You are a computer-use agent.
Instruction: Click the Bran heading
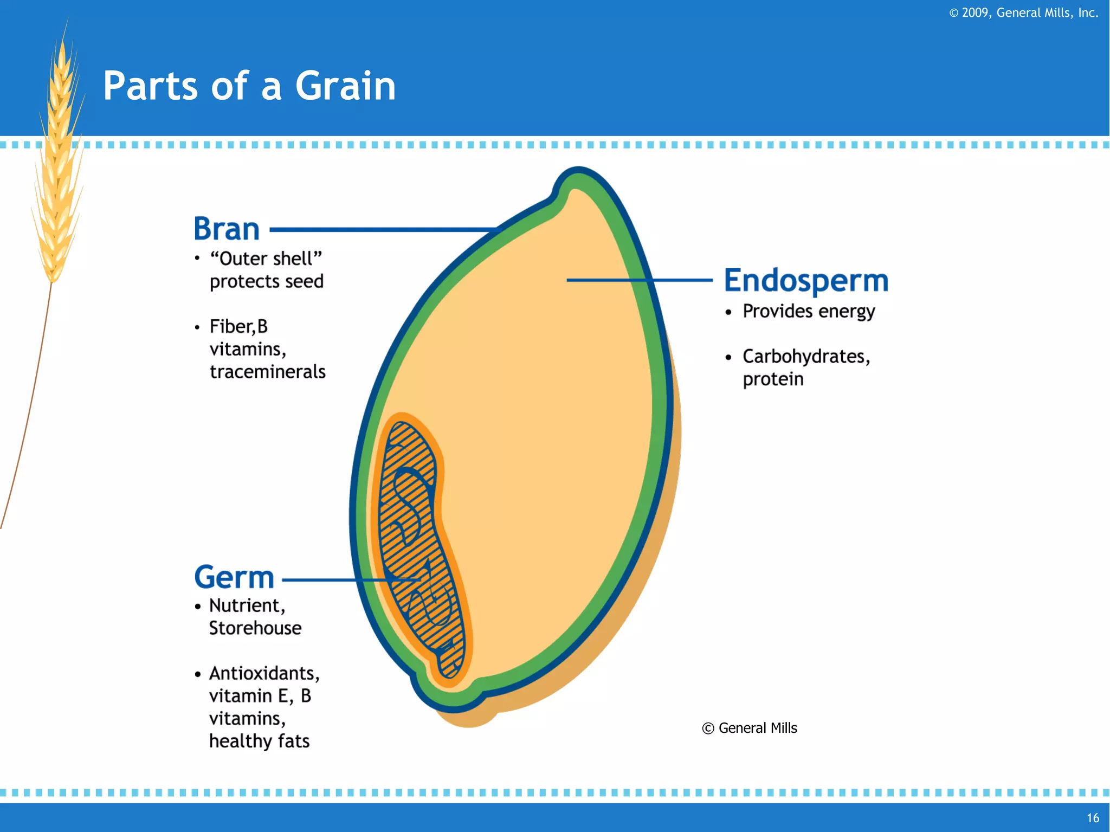pos(227,229)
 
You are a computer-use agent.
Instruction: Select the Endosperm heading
pos(806,281)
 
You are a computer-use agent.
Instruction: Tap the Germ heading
pos(234,577)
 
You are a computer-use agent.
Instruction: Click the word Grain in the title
pos(345,86)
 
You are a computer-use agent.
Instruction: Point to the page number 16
pos(1093,818)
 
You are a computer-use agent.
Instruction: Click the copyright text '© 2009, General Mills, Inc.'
pos(1023,12)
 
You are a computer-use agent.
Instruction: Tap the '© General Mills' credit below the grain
pos(750,728)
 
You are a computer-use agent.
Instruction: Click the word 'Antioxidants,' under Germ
pos(264,673)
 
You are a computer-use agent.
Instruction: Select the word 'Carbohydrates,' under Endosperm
pos(806,357)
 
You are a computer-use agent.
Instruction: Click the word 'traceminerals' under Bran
pos(268,372)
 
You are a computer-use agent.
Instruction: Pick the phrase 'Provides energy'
pos(808,311)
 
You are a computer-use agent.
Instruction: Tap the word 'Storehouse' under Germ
pos(255,628)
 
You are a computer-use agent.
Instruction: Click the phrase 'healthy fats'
pos(259,741)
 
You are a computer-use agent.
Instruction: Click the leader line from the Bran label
pos(379,230)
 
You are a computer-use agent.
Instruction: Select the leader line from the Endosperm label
pos(640,280)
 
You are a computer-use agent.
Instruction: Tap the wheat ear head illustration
pos(59,163)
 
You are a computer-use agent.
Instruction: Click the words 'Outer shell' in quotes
pos(266,259)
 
